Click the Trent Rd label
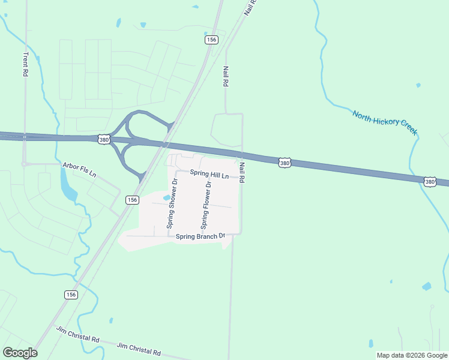(26, 63)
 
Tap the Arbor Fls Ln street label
(79, 170)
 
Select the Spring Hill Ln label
(209, 174)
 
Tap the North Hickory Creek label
(384, 122)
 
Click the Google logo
(20, 352)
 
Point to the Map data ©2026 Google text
(412, 355)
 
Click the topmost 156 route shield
(211, 40)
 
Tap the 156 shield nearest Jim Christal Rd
(71, 295)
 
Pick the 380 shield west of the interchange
(104, 140)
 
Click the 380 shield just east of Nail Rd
(285, 163)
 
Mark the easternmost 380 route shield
(430, 181)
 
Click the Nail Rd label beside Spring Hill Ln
(242, 173)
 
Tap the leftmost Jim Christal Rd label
(77, 335)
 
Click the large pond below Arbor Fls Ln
(68, 186)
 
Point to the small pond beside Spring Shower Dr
(166, 198)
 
